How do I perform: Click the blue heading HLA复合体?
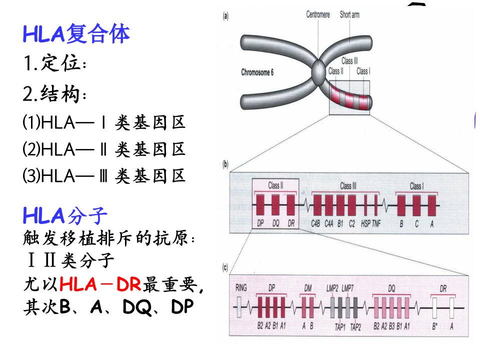76,33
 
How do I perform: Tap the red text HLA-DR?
100,284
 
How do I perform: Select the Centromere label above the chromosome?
318,14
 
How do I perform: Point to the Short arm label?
349,14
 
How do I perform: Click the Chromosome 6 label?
257,72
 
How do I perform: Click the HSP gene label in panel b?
365,224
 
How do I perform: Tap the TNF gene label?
376,224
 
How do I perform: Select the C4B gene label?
315,224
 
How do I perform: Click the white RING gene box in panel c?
239,307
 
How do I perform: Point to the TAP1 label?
340,327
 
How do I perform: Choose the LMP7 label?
347,288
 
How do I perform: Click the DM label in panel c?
307,288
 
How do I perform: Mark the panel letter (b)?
225,164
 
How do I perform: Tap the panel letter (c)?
225,268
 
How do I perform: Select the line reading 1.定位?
55,63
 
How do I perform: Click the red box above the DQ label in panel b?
275,205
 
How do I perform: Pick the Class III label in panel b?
348,185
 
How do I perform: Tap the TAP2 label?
355,327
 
